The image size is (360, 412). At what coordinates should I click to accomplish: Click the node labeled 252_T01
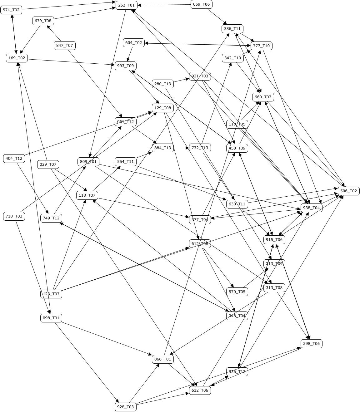click(x=127, y=5)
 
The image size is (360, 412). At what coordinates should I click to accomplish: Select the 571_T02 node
click(x=11, y=10)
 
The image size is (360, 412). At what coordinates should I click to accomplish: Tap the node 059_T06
click(x=202, y=4)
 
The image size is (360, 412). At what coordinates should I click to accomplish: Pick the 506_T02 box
click(x=348, y=191)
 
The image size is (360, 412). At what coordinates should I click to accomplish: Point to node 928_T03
click(x=126, y=407)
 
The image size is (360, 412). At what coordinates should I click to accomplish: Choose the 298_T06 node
click(x=312, y=344)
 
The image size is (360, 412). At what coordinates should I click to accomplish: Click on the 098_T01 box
click(x=51, y=318)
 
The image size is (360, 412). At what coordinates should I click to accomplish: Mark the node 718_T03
click(x=14, y=216)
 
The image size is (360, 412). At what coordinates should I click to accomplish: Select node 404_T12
click(x=14, y=159)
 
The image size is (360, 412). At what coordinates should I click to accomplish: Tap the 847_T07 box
click(x=65, y=46)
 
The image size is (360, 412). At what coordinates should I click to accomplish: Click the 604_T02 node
click(x=134, y=43)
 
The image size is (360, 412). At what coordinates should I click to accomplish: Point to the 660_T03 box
click(x=263, y=97)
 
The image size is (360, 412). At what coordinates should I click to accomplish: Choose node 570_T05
click(x=237, y=292)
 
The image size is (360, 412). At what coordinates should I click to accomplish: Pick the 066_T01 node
click(x=163, y=359)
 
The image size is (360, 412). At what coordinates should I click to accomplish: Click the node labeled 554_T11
click(x=126, y=162)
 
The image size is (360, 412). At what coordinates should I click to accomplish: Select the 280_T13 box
click(x=163, y=84)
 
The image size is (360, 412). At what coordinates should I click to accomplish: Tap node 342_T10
click(x=233, y=58)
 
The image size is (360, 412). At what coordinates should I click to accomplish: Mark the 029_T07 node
click(x=48, y=164)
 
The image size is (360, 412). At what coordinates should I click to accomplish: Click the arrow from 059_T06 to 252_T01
click(x=164, y=5)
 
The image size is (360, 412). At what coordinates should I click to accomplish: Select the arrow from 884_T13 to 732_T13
click(x=182, y=148)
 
